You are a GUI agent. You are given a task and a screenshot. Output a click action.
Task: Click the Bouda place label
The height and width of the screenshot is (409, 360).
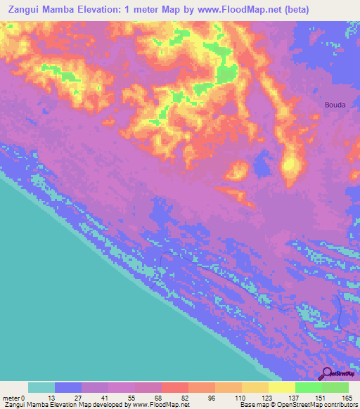tap(335, 105)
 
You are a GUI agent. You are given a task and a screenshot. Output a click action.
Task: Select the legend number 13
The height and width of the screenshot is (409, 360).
tap(55, 398)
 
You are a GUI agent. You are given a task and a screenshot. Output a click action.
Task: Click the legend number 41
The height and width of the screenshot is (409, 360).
tap(108, 398)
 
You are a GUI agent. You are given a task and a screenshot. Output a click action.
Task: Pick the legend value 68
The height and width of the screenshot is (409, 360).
tap(162, 398)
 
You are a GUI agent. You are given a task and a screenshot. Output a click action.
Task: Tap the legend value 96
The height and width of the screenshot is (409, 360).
tap(215, 398)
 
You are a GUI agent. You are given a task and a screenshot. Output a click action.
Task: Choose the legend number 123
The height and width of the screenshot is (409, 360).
tap(269, 398)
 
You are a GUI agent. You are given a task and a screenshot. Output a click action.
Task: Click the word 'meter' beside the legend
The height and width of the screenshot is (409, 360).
tap(11, 398)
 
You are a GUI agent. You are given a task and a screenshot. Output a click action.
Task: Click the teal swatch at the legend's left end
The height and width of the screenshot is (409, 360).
tap(41, 387)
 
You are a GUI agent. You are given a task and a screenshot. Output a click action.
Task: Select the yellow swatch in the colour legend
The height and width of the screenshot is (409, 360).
tap(281, 387)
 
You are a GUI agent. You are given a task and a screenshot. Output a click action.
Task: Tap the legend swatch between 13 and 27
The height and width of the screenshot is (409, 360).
tap(68, 387)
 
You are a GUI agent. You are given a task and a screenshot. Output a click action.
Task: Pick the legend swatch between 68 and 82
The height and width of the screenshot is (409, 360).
tap(174, 387)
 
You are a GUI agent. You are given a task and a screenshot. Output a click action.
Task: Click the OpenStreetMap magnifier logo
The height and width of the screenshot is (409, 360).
tap(326, 374)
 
